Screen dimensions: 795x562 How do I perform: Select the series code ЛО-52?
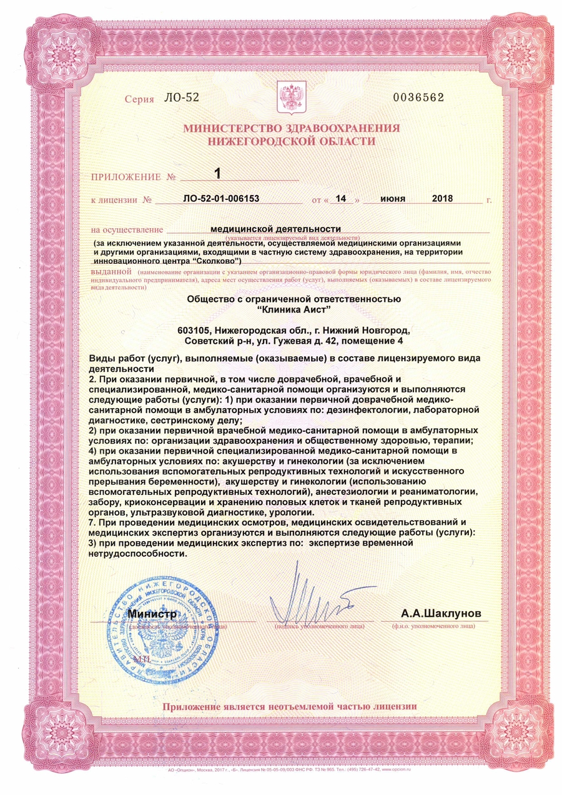[180, 99]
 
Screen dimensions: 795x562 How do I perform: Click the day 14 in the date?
[340, 199]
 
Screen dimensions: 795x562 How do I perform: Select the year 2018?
[443, 199]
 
